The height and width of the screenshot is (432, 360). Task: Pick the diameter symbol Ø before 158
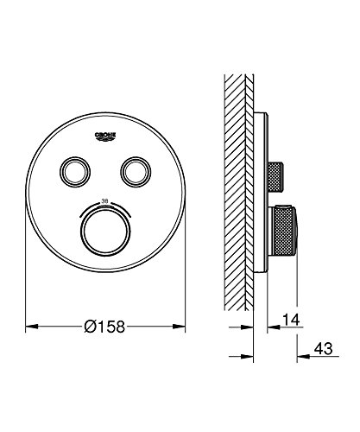(x=90, y=329)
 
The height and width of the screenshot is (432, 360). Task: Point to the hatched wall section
(x=237, y=190)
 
